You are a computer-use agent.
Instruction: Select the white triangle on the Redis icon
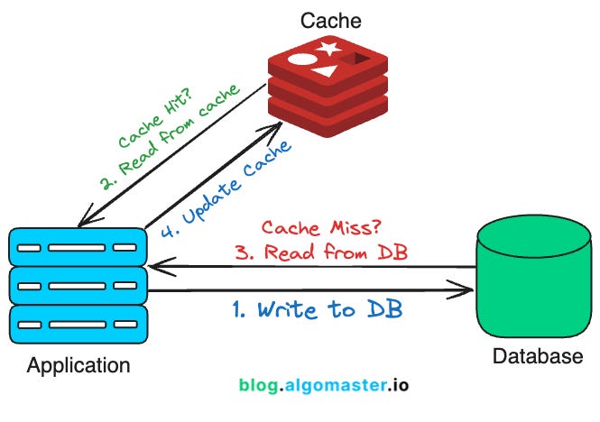point(328,70)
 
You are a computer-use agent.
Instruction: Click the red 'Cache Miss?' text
point(320,227)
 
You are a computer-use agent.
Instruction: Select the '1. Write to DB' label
point(317,310)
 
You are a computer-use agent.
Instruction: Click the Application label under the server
point(78,366)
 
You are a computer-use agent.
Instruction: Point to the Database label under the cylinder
point(538,357)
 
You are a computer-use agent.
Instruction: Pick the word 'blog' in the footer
point(259,385)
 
